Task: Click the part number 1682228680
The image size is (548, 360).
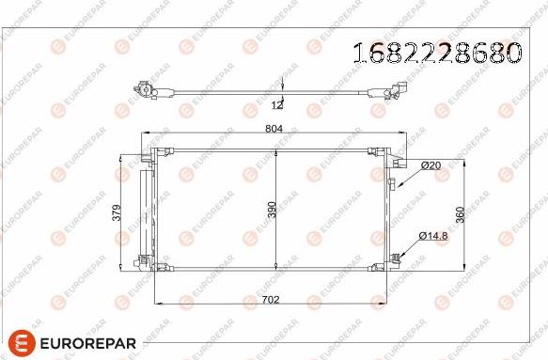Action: [438, 54]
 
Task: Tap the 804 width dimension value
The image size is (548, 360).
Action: [274, 129]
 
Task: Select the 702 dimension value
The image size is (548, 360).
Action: [271, 300]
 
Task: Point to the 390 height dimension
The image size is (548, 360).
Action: [272, 210]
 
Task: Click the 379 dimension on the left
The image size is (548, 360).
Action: [117, 212]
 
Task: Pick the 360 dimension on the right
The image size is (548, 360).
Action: [461, 214]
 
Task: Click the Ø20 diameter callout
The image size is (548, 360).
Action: [431, 165]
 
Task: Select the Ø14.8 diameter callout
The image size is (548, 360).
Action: [433, 236]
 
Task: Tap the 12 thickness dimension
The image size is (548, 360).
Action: [277, 105]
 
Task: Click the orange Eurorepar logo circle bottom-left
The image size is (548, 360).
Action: [22, 343]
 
